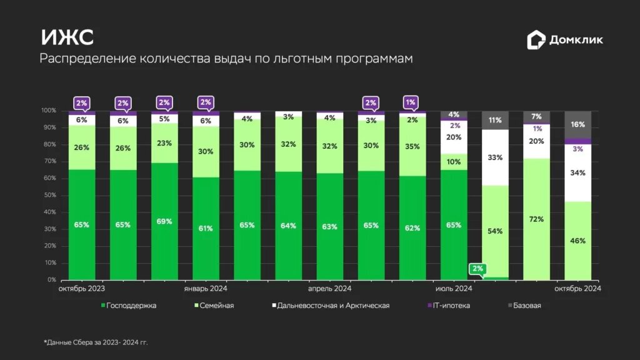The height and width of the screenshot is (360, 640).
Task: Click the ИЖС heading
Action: (x=67, y=37)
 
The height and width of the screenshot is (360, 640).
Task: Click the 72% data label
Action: (x=536, y=219)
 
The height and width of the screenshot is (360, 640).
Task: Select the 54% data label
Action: (x=495, y=231)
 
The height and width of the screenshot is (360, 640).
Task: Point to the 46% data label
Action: (x=577, y=241)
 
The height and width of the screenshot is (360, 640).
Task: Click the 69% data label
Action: (x=164, y=221)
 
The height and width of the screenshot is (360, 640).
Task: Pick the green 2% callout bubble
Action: (x=477, y=269)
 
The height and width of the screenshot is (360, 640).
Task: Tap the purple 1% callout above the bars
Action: (x=411, y=102)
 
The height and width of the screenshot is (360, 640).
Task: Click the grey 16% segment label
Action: (x=577, y=124)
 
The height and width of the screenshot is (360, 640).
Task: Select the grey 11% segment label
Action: (x=495, y=120)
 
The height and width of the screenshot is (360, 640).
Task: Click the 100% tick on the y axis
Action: (x=49, y=111)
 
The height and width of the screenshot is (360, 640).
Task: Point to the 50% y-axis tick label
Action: (x=49, y=196)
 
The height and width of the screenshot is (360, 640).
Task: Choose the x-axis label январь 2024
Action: (x=206, y=289)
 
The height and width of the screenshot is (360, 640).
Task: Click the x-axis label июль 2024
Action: (x=454, y=289)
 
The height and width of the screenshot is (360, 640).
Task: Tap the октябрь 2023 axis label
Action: (x=82, y=289)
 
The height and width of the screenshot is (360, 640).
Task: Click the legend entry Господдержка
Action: (x=128, y=306)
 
